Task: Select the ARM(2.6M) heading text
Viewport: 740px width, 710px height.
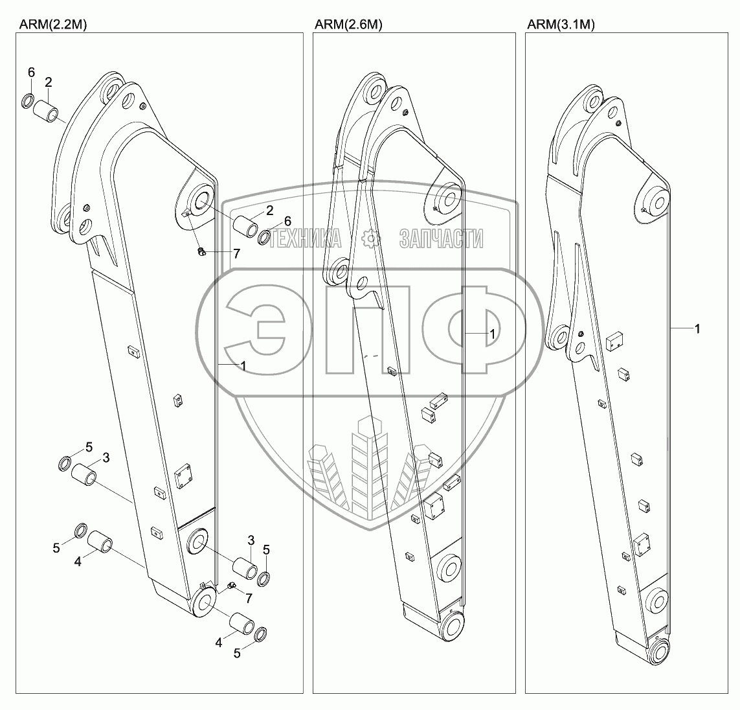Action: tap(348, 25)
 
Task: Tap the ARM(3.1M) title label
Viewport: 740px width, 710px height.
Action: tap(561, 25)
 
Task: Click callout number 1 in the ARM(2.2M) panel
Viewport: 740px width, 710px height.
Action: tap(242, 366)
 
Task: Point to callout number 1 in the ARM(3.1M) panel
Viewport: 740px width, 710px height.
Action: tap(697, 329)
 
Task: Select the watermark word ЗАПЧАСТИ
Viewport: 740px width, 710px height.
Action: tap(441, 239)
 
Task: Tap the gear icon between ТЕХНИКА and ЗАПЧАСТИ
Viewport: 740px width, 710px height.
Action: tap(372, 239)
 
